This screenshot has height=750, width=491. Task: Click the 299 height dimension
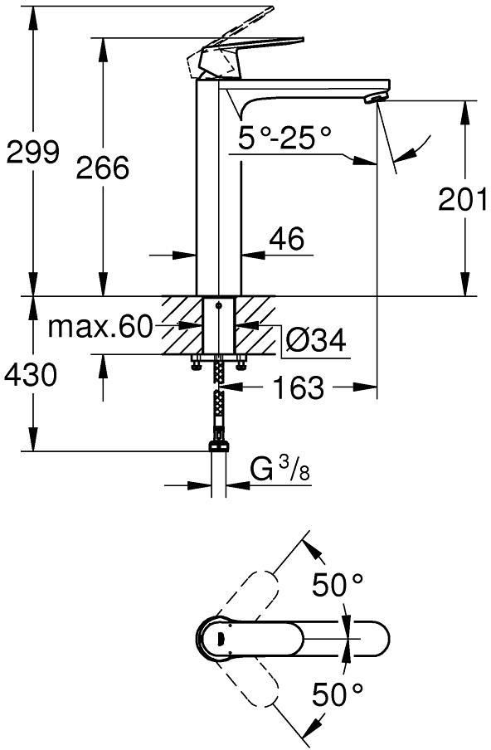[33, 152]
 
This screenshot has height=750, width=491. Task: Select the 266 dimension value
[103, 167]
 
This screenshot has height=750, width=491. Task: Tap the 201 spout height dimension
[463, 199]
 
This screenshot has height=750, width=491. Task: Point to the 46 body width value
[286, 238]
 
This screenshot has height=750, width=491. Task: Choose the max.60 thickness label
[100, 327]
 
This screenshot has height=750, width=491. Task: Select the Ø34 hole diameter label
[315, 340]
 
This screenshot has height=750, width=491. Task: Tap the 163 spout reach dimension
[298, 387]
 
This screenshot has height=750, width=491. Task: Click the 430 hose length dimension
[30, 374]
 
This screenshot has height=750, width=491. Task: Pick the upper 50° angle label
[338, 585]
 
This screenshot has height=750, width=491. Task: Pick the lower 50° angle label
[338, 694]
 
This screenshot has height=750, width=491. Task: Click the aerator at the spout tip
[376, 99]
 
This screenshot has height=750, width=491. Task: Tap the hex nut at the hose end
[218, 446]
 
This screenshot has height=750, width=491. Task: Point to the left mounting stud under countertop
[195, 362]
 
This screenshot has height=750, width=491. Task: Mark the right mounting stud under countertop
[241, 362]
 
